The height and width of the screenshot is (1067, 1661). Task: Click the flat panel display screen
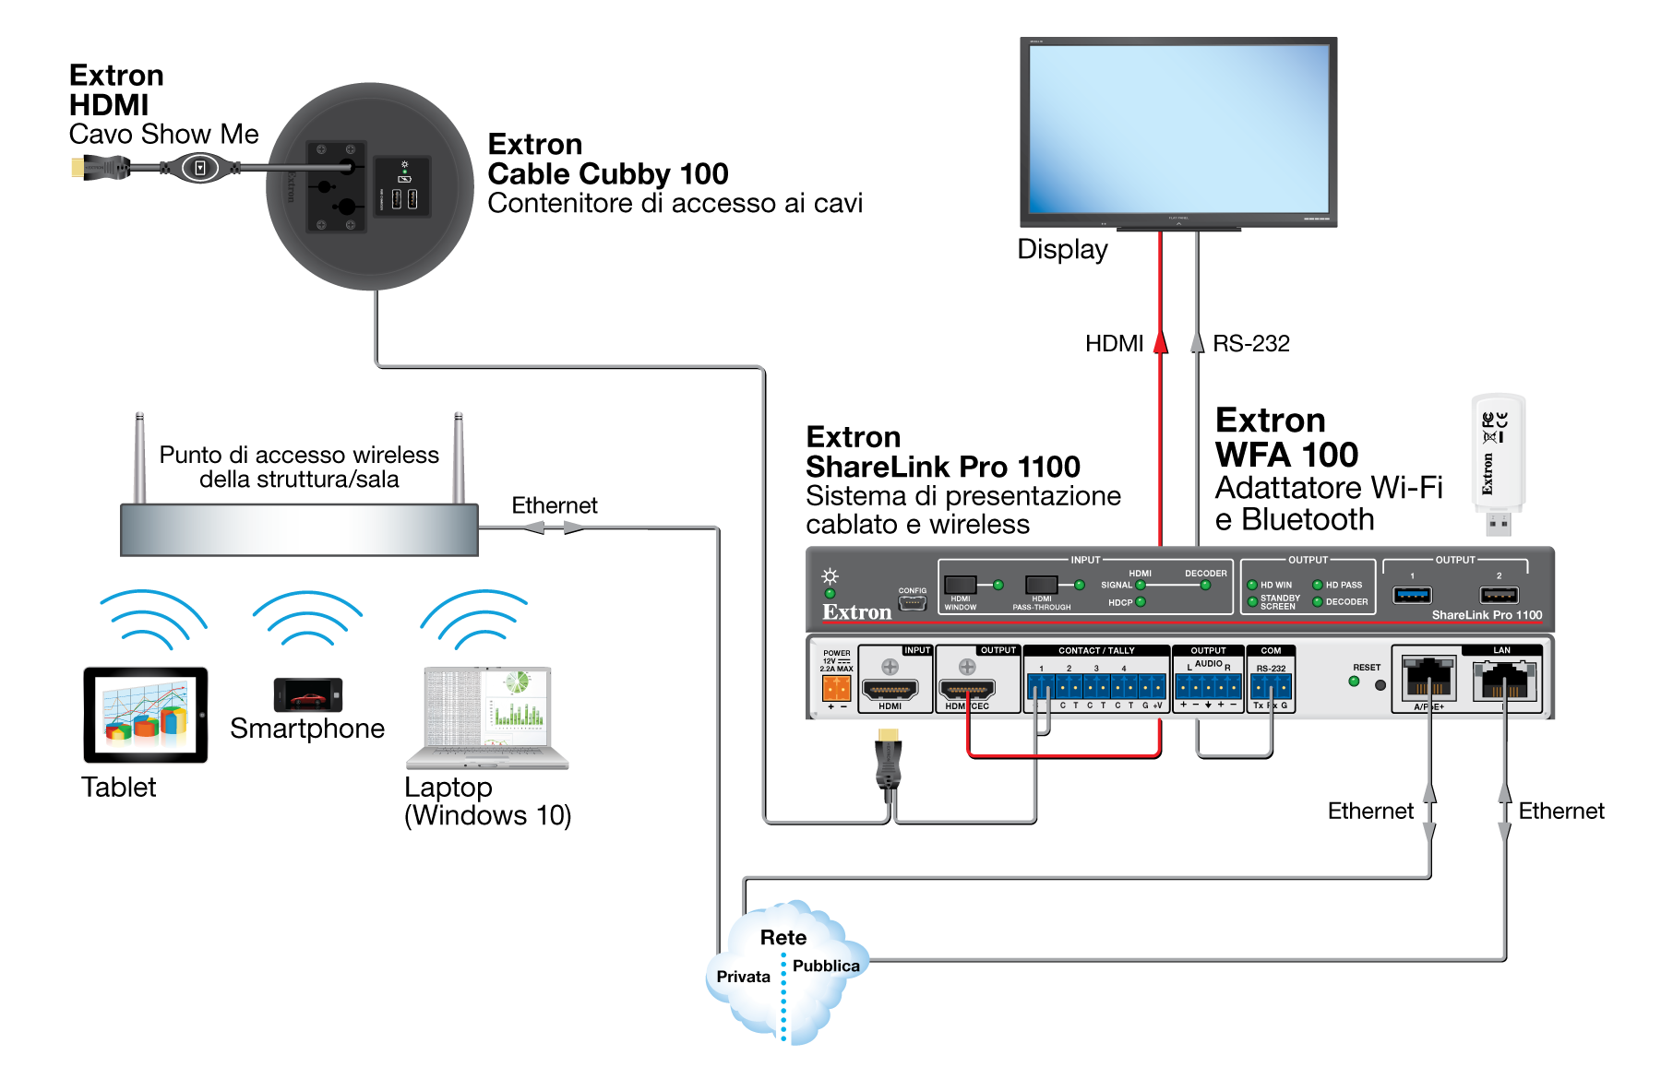1178,129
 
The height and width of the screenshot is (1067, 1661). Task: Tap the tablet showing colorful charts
146,715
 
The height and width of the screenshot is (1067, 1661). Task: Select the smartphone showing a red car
308,694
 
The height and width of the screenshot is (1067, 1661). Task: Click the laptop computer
487,717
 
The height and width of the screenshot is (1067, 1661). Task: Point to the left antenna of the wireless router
139,456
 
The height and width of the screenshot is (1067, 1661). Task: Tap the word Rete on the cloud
783,937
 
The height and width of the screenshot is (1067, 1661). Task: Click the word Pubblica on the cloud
826,966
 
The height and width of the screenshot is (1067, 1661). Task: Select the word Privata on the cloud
743,977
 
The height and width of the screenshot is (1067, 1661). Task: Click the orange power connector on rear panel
836,688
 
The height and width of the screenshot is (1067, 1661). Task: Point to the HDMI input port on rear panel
890,689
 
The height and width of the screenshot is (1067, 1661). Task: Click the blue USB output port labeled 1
1412,595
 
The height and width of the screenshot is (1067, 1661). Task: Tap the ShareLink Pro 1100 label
1487,615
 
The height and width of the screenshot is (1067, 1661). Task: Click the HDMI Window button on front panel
960,585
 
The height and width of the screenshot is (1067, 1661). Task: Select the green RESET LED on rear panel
1354,682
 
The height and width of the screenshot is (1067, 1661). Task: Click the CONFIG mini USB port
912,603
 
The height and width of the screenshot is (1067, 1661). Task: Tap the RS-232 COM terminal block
1271,687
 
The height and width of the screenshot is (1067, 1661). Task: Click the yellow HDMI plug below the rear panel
888,735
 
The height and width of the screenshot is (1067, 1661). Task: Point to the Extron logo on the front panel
856,612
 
